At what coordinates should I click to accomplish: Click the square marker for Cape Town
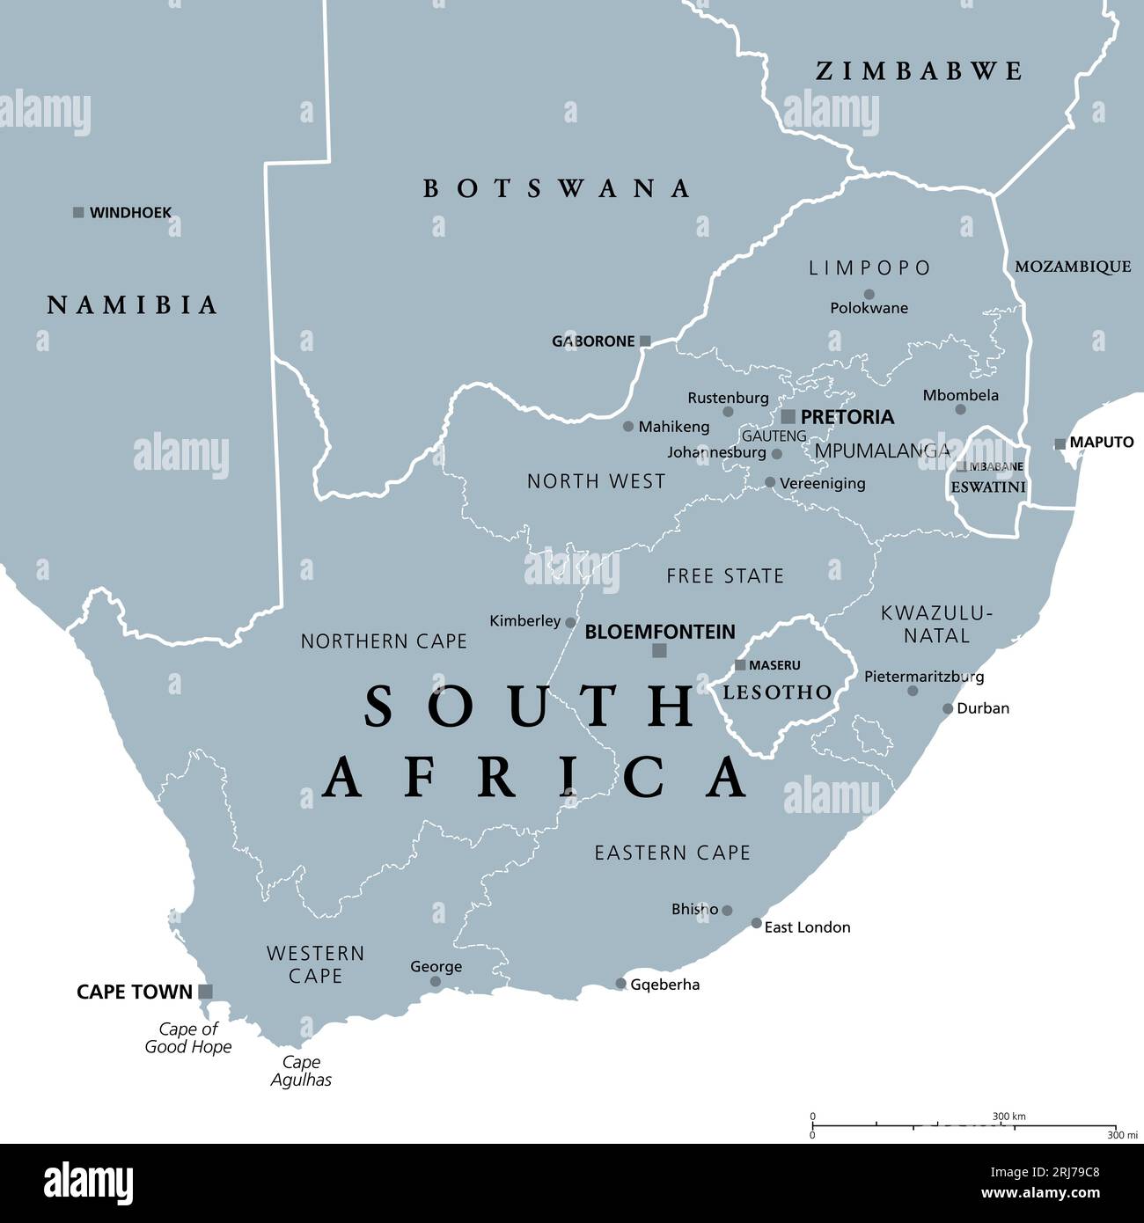(205, 992)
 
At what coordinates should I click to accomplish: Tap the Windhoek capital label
(130, 213)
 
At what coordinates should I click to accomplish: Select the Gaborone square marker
(645, 341)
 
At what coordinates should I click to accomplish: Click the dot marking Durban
(948, 708)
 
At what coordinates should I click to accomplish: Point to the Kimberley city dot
(570, 622)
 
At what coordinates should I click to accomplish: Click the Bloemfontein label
(660, 632)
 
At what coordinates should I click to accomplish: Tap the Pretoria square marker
(788, 417)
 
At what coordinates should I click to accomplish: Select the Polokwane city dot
(869, 295)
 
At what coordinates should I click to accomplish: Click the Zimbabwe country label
(919, 71)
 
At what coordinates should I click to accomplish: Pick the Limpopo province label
(869, 267)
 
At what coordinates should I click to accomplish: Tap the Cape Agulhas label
(301, 1071)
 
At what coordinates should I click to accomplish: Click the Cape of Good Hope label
(188, 1038)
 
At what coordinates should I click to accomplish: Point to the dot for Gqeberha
(620, 984)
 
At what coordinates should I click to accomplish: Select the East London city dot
(757, 923)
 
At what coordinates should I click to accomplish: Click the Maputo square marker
(1060, 444)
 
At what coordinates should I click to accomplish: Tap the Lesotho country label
(777, 692)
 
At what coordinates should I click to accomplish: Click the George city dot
(436, 982)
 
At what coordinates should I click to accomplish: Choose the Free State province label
(725, 576)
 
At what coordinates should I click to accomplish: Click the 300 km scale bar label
(1009, 1117)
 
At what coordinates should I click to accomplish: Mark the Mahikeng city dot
(628, 427)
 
